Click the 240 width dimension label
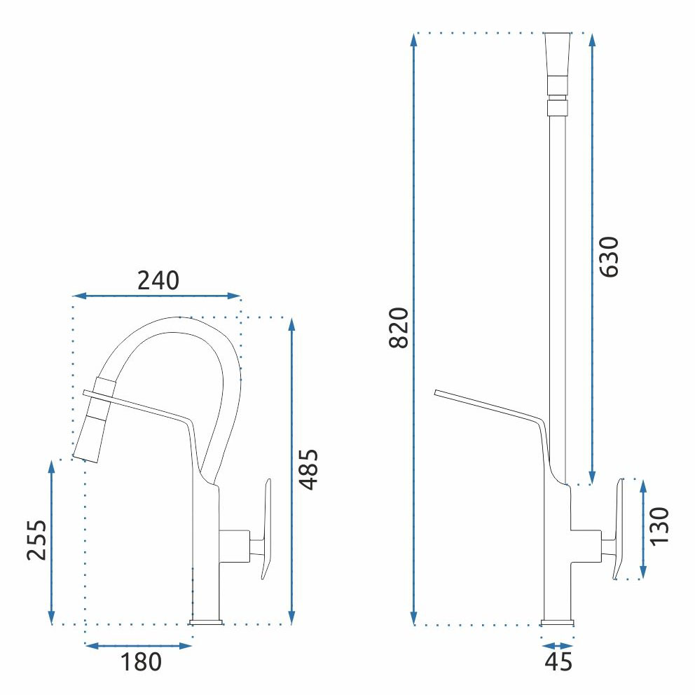[x=158, y=280]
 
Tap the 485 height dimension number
[x=308, y=469]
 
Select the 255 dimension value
[x=36, y=540]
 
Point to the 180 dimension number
[x=141, y=662]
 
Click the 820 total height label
[x=398, y=328]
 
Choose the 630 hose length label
[x=609, y=257]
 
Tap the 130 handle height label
[x=659, y=526]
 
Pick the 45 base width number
[x=558, y=662]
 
